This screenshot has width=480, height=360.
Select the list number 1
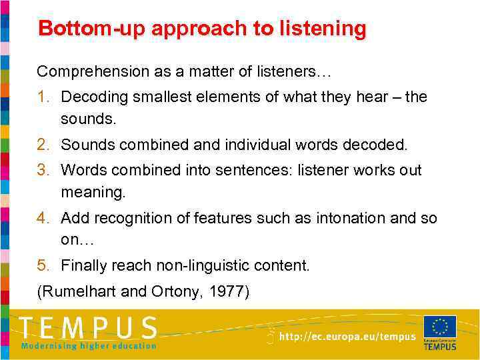pyautogui.click(x=43, y=97)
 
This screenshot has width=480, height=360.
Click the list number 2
pyautogui.click(x=43, y=145)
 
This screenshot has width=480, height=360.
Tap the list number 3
pyautogui.click(x=43, y=170)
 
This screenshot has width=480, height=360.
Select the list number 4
pyautogui.click(x=43, y=218)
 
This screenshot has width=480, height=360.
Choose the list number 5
pyautogui.click(x=43, y=266)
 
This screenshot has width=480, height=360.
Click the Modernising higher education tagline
pyautogui.click(x=89, y=345)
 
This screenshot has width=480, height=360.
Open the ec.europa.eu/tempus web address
pyautogui.click(x=347, y=337)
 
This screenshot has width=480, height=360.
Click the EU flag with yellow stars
pyautogui.click(x=439, y=327)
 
